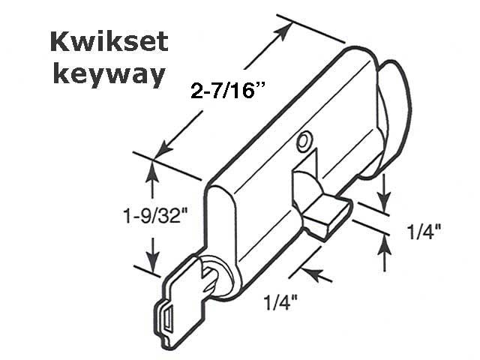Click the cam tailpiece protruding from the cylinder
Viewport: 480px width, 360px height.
point(326,212)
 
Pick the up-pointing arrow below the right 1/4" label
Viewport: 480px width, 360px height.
point(385,242)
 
